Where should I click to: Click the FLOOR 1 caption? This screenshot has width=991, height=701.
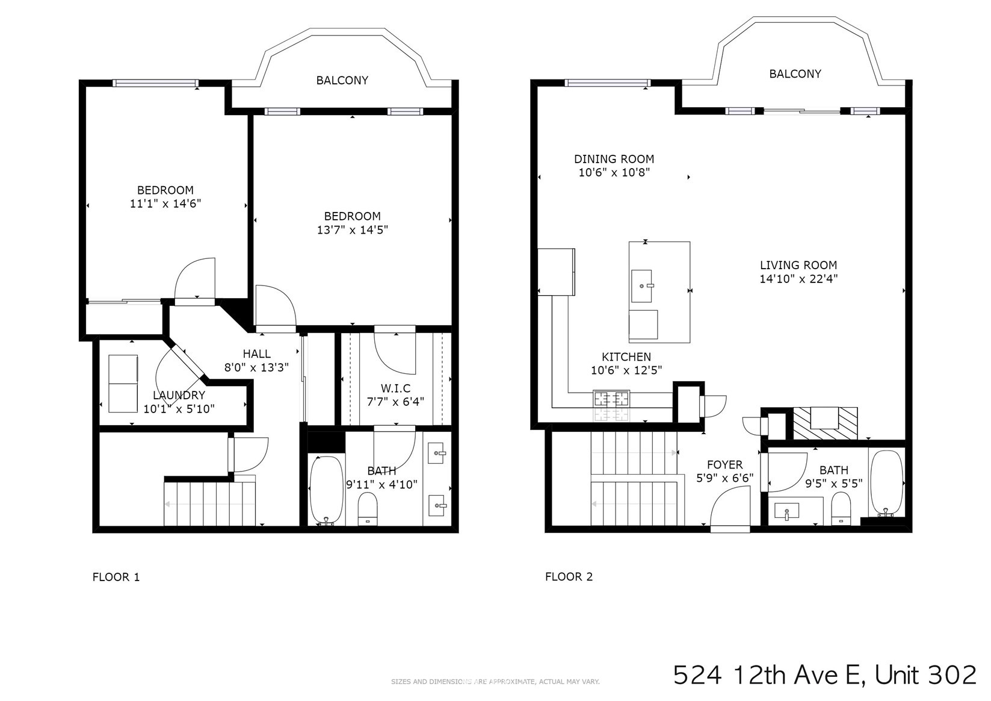coord(116,577)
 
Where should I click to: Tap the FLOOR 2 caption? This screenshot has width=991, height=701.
coord(569,576)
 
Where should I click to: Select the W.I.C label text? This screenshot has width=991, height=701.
coord(395,388)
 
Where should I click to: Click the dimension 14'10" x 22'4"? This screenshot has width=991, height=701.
coord(798,279)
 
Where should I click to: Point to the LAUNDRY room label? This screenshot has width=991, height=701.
coord(179,395)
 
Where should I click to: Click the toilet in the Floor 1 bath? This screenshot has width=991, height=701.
coord(367,509)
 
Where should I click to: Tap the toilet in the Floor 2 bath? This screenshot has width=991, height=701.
coord(841,509)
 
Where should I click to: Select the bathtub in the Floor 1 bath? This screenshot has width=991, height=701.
coord(327,490)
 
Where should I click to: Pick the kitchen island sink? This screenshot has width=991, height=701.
coord(641,286)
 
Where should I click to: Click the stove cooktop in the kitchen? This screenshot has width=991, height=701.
coord(612,399)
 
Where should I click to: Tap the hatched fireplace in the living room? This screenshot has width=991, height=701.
coord(825,423)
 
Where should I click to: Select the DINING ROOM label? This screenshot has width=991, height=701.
coord(614,159)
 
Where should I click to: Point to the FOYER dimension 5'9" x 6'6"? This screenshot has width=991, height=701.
coord(724,478)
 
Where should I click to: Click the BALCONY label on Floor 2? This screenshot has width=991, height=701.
coord(795,74)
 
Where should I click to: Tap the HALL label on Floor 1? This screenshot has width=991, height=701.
coord(256,354)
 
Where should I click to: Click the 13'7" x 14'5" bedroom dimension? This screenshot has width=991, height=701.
coord(352,230)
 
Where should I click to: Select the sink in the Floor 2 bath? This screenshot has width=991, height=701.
coord(786,511)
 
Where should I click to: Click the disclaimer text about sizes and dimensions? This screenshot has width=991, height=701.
coord(495,682)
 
